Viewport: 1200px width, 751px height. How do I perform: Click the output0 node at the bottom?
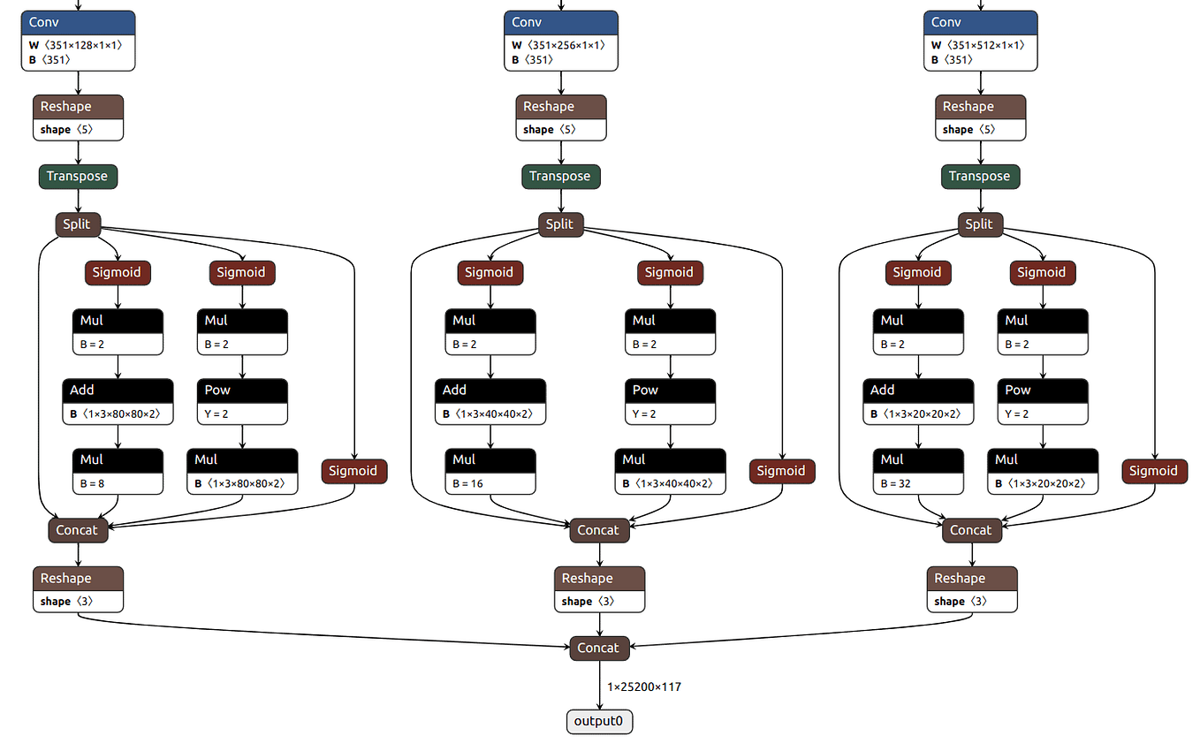(x=599, y=721)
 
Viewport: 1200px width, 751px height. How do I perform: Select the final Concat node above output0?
(x=598, y=648)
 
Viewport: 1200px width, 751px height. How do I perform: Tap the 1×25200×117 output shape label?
(x=643, y=687)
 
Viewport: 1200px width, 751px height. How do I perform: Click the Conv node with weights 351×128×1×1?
(x=78, y=41)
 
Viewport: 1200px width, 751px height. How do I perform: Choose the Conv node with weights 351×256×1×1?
(x=561, y=41)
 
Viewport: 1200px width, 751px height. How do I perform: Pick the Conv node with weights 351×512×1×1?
(x=980, y=41)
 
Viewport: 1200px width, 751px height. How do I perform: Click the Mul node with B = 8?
(x=118, y=471)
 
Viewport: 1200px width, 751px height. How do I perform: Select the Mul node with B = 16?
(x=490, y=471)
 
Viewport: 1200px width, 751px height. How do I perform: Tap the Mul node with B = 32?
(x=918, y=471)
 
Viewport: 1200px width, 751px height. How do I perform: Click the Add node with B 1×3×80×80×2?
(x=118, y=401)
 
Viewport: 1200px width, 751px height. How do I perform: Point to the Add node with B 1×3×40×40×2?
(x=490, y=401)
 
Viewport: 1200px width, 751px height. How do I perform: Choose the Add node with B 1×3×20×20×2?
(x=918, y=401)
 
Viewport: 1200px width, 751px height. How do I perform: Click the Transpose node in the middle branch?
(x=560, y=176)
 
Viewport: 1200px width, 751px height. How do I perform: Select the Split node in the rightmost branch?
(x=979, y=224)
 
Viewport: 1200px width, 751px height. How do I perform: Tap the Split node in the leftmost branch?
(x=77, y=224)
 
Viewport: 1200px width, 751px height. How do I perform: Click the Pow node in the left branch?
(x=242, y=401)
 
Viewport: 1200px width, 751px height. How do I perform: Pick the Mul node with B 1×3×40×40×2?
(x=670, y=471)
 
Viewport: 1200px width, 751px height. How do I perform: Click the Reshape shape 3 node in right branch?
(x=972, y=589)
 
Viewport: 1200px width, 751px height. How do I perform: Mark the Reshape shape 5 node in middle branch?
(x=561, y=118)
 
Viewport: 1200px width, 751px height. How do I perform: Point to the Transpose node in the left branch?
(x=78, y=176)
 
